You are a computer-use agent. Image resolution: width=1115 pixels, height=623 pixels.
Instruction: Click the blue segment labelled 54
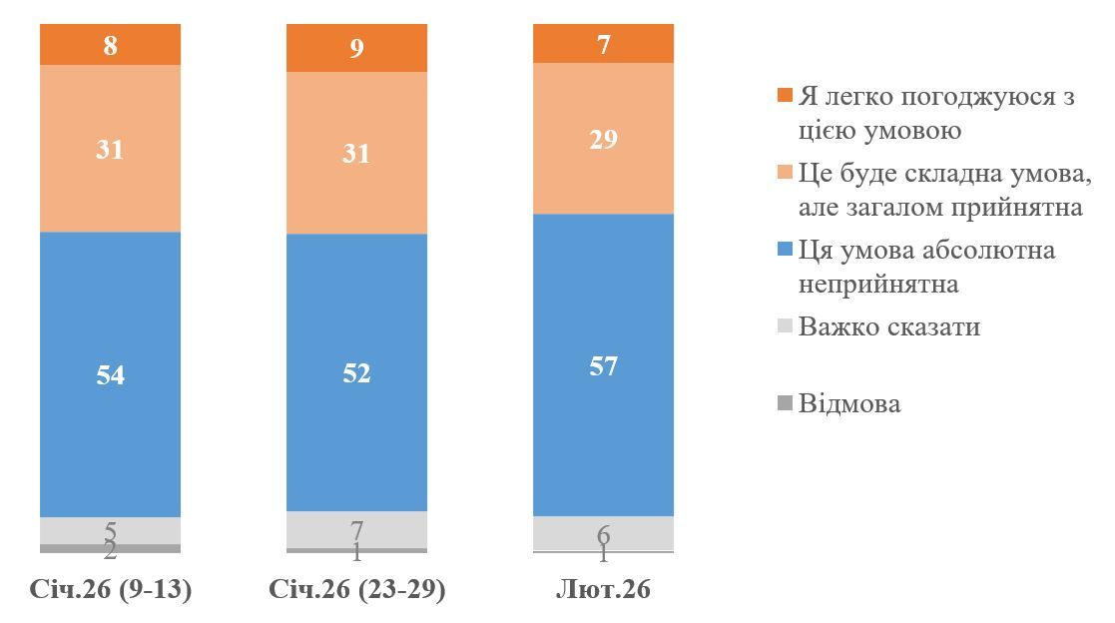coord(110,374)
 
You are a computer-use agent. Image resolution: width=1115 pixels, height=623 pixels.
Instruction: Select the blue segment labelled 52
coord(356,372)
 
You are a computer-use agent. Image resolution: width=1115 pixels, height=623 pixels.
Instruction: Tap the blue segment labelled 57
coord(603,365)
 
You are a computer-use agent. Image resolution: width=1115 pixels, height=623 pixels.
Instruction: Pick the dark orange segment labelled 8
coord(110,45)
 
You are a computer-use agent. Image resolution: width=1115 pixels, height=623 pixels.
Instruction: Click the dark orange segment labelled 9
coord(356,49)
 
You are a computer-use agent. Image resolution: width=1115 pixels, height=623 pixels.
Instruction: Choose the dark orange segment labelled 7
coord(603,44)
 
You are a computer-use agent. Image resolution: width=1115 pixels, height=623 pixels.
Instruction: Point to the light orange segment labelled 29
coord(603,138)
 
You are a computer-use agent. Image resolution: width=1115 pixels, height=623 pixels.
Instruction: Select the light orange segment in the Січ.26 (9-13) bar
coord(110,148)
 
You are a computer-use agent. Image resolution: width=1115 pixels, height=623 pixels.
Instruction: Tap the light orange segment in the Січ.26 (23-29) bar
coord(356,153)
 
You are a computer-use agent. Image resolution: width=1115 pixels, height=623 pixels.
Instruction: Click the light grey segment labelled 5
coord(110,530)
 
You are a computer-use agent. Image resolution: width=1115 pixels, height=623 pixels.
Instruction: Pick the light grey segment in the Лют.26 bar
coord(603,533)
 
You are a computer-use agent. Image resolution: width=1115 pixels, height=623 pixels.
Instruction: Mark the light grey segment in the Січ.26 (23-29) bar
coord(356,529)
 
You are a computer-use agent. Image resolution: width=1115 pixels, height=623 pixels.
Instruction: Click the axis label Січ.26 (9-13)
coord(110,590)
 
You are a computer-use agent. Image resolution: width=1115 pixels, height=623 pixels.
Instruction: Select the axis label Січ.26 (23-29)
coord(356,590)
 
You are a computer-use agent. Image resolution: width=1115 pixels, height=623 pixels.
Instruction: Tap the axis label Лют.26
coord(603,590)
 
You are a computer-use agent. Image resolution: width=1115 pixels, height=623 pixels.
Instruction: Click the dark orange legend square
coord(785,97)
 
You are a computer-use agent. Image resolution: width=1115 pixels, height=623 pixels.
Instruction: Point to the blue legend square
coord(785,250)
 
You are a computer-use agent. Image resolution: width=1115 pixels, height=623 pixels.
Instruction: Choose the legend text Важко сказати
coord(889,326)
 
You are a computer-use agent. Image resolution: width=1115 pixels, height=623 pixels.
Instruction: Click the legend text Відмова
coord(849,403)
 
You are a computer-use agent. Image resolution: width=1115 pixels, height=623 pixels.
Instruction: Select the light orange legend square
coord(785,173)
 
